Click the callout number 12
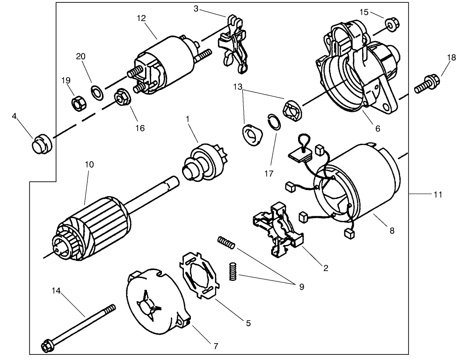pyautogui.click(x=142, y=18)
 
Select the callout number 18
pyautogui.click(x=451, y=58)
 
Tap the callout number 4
pyautogui.click(x=15, y=115)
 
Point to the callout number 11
pyautogui.click(x=437, y=194)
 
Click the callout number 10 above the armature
pyautogui.click(x=89, y=165)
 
